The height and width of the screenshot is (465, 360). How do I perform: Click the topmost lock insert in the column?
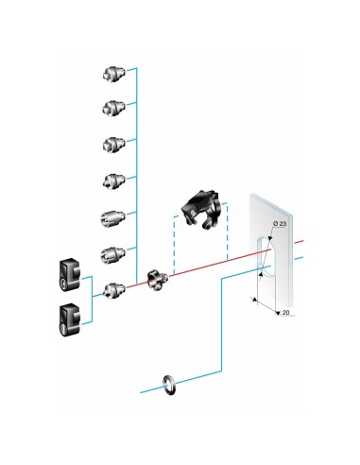pyautogui.click(x=114, y=74)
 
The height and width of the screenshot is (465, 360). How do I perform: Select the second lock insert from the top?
pyautogui.click(x=114, y=108)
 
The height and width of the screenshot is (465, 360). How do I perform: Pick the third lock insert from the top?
pyautogui.click(x=114, y=145)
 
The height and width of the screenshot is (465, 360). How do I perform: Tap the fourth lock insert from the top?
pyautogui.click(x=114, y=181)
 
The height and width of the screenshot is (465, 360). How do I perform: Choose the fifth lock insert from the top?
pyautogui.click(x=112, y=218)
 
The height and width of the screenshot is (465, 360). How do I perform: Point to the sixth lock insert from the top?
pyautogui.click(x=112, y=254)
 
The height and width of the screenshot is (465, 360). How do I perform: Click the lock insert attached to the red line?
pyautogui.click(x=114, y=291)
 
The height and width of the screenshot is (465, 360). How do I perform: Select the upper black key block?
pyautogui.click(x=69, y=275)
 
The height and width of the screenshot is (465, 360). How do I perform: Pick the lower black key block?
pyautogui.click(x=69, y=320)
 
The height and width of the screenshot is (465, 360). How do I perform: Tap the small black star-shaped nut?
pyautogui.click(x=157, y=280)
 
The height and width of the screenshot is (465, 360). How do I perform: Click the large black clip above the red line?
pyautogui.click(x=200, y=209)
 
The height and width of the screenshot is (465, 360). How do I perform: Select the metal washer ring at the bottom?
pyautogui.click(x=169, y=385)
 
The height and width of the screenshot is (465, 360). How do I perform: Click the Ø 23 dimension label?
pyautogui.click(x=280, y=223)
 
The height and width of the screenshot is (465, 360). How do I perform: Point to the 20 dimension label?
pyautogui.click(x=286, y=313)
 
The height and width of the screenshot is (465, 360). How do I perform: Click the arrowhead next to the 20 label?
pyautogui.click(x=278, y=313)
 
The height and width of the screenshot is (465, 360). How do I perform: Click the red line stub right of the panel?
pyautogui.click(x=299, y=242)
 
